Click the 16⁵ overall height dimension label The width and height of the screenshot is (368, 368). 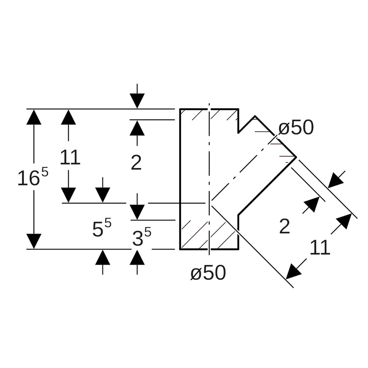click(x=33, y=178)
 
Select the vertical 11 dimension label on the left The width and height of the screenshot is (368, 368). click(x=70, y=157)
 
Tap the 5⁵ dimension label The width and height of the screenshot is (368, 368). click(x=102, y=228)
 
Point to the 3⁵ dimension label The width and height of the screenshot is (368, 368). click(x=141, y=237)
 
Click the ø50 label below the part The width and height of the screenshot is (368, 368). click(x=208, y=273)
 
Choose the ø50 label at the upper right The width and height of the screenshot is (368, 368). click(x=296, y=128)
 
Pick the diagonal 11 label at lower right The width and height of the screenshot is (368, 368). click(x=320, y=247)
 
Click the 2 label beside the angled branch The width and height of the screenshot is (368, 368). click(x=285, y=227)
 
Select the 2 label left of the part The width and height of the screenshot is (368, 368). click(x=136, y=163)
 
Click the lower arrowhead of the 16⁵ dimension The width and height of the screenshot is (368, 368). click(x=34, y=241)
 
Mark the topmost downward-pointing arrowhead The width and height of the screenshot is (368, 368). click(x=137, y=101)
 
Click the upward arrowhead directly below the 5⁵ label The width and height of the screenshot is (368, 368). click(x=103, y=257)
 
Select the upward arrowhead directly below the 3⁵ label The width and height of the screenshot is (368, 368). click(x=137, y=257)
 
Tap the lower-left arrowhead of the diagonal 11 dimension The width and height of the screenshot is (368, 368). click(x=293, y=272)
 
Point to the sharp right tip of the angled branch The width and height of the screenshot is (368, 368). click(x=296, y=157)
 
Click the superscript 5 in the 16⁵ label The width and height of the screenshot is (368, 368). click(x=45, y=171)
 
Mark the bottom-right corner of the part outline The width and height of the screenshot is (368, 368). click(x=238, y=249)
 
